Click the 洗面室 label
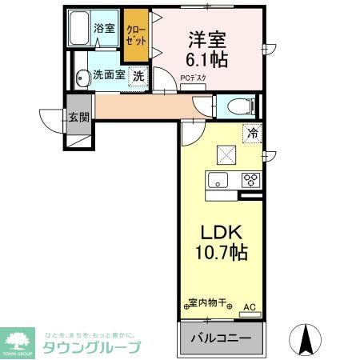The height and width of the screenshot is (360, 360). (108, 76)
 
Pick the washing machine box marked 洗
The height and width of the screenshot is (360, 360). (138, 77)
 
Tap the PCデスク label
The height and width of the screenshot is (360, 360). (193, 78)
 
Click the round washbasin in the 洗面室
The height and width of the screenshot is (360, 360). (82, 78)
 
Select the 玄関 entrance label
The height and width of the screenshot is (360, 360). (78, 118)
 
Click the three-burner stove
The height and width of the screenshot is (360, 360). (251, 179)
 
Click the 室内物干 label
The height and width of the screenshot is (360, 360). (207, 303)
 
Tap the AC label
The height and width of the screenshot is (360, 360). (248, 305)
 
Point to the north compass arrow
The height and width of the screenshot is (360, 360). (304, 340)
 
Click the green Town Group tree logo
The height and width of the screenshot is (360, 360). (17, 340)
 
